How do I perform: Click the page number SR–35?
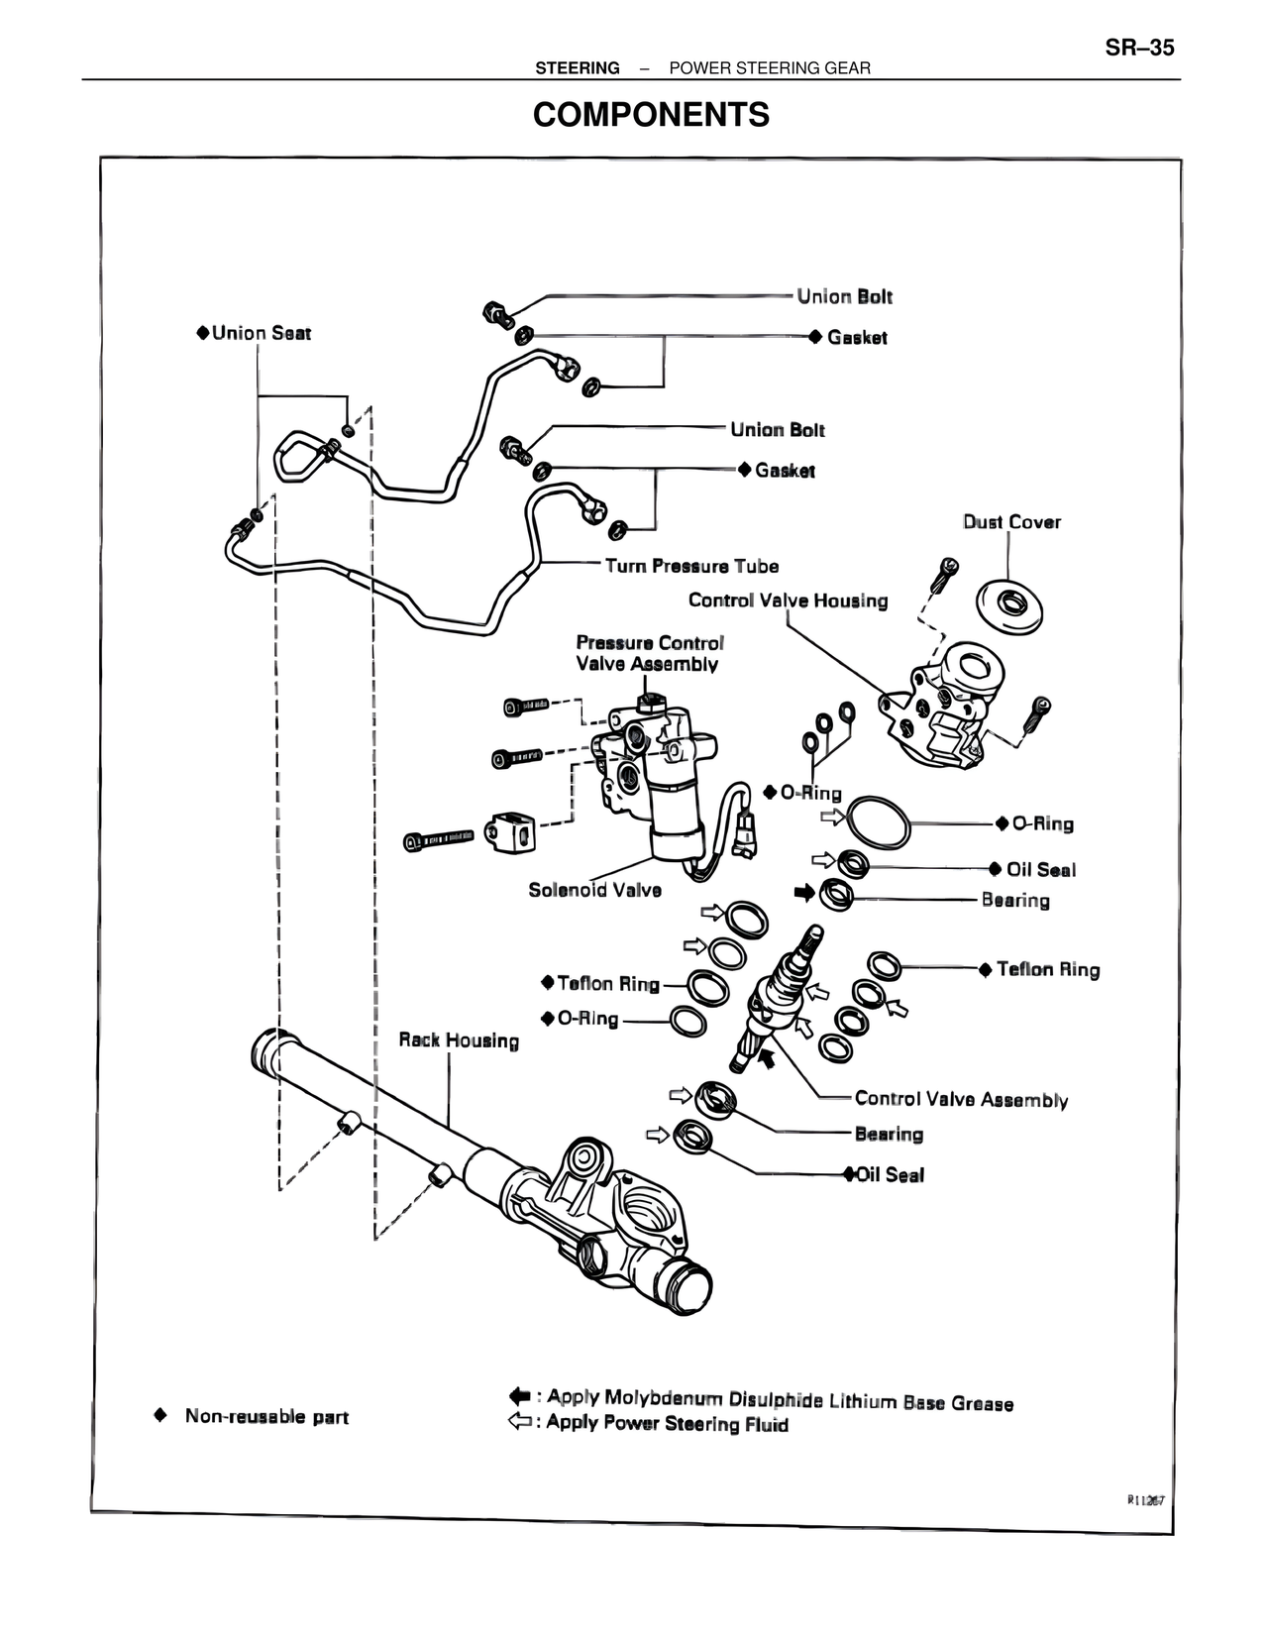pos(1139,48)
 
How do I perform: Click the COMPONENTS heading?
pos(651,115)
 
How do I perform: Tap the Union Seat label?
pos(261,333)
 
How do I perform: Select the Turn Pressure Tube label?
pos(691,566)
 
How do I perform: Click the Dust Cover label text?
pos(1011,522)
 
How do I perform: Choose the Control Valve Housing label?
pos(788,601)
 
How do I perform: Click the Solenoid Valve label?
pos(594,890)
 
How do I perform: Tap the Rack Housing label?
pos(459,1040)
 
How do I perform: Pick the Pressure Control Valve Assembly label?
pos(649,654)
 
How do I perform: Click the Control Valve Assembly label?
pos(961,1099)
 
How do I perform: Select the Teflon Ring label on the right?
pos(1048,970)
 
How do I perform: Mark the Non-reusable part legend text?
pos(266,1417)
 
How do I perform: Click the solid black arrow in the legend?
pos(520,1396)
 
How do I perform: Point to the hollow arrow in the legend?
pos(520,1423)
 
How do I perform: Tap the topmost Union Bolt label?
pos(844,296)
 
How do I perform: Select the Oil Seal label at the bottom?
pos(890,1175)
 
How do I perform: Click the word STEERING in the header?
pos(578,68)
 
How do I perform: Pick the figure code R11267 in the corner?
pos(1145,1500)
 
